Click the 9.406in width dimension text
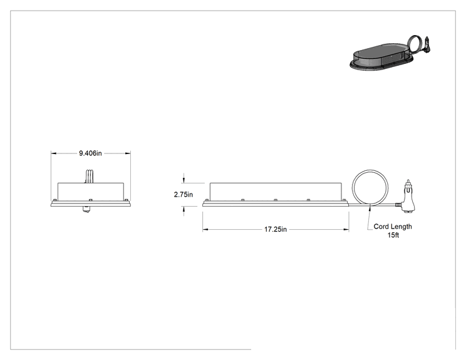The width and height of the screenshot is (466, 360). pos(90,153)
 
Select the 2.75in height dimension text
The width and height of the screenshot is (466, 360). pos(184,195)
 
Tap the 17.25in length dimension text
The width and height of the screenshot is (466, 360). pos(276,229)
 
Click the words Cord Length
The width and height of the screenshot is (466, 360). pos(393,227)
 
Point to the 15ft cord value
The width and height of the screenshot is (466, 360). pos(393,235)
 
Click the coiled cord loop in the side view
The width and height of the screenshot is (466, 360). pos(353,188)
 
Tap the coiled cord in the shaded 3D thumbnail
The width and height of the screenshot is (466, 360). pos(408,43)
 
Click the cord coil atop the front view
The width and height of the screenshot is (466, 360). pos(90,176)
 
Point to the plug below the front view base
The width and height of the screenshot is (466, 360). pos(86,209)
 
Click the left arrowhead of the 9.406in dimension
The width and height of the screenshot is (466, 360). pos(53,153)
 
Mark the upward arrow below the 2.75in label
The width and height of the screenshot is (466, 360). pos(184,211)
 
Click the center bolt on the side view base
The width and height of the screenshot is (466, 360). pos(276,200)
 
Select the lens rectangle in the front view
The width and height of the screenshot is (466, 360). pos(91,192)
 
